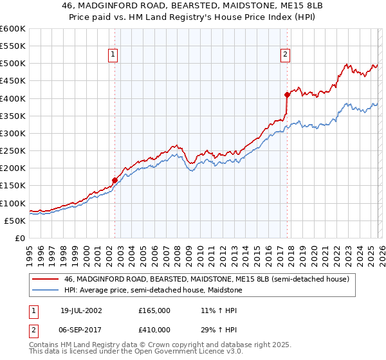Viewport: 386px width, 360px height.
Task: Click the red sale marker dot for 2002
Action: [115, 181]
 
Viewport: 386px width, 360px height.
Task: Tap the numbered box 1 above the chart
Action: [113, 55]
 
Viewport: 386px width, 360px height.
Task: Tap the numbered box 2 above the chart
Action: [284, 55]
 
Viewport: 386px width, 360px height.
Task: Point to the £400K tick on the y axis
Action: [13, 98]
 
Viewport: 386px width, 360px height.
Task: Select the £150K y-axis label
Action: [13, 186]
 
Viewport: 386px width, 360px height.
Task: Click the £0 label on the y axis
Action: [21, 238]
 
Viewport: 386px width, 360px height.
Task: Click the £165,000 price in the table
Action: [154, 310]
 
